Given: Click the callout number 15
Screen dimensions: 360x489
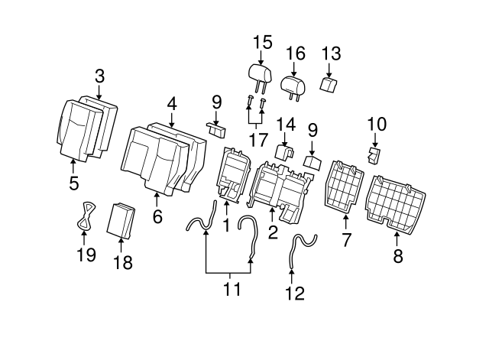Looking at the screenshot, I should click(262, 42).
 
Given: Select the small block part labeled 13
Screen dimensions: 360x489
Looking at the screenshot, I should click(329, 84).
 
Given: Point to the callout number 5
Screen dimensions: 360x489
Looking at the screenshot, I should click(73, 183).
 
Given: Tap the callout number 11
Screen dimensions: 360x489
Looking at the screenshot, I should click(232, 290).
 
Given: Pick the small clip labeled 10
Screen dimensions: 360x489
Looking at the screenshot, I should click(374, 157).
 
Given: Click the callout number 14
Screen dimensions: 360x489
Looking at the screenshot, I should click(285, 124).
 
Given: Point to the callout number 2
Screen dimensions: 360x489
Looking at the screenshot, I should click(272, 232).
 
